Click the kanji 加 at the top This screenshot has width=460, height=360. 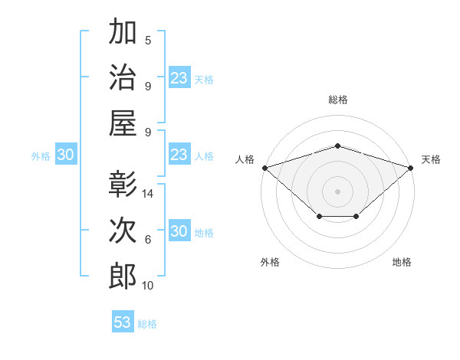(123, 31)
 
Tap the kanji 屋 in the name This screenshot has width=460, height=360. (123, 123)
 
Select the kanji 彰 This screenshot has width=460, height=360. (123, 184)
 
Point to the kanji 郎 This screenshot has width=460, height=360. (123, 276)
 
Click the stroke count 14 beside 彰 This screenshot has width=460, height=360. (147, 194)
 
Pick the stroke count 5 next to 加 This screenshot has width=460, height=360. (148, 41)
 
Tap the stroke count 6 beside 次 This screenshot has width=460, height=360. (148, 240)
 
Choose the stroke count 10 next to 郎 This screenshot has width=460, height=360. (147, 286)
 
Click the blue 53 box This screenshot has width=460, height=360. (123, 321)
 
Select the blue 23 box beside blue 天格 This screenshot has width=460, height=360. (179, 77)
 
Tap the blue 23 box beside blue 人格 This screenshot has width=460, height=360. (179, 154)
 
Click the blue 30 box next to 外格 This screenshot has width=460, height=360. (66, 154)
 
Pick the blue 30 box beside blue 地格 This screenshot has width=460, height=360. (179, 230)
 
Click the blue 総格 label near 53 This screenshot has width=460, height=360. (147, 324)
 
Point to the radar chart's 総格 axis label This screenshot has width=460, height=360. (338, 100)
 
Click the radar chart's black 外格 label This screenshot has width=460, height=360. (270, 262)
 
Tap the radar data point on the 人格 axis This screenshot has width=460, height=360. (265, 168)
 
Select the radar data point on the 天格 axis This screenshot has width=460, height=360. (411, 168)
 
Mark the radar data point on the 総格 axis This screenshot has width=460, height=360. (338, 146)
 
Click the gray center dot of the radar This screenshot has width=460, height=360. (337, 191)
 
